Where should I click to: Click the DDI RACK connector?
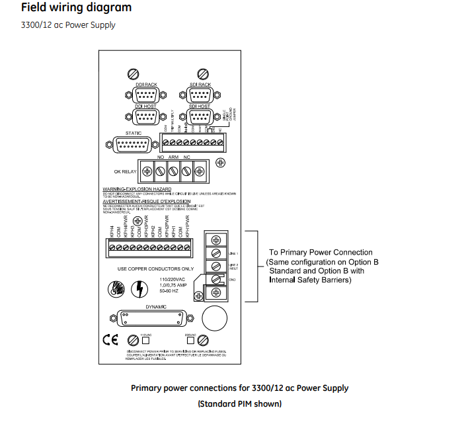(x=145, y=95)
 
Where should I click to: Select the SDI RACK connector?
(x=200, y=95)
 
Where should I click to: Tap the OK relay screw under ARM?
(x=174, y=171)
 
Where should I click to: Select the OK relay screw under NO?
(x=147, y=171)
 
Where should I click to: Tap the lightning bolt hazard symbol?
(x=139, y=288)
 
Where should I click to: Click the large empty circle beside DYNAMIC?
(x=214, y=319)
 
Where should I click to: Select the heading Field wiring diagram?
(x=76, y=8)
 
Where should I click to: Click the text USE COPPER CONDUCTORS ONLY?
(x=155, y=269)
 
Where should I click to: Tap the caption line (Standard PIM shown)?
(x=239, y=403)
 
